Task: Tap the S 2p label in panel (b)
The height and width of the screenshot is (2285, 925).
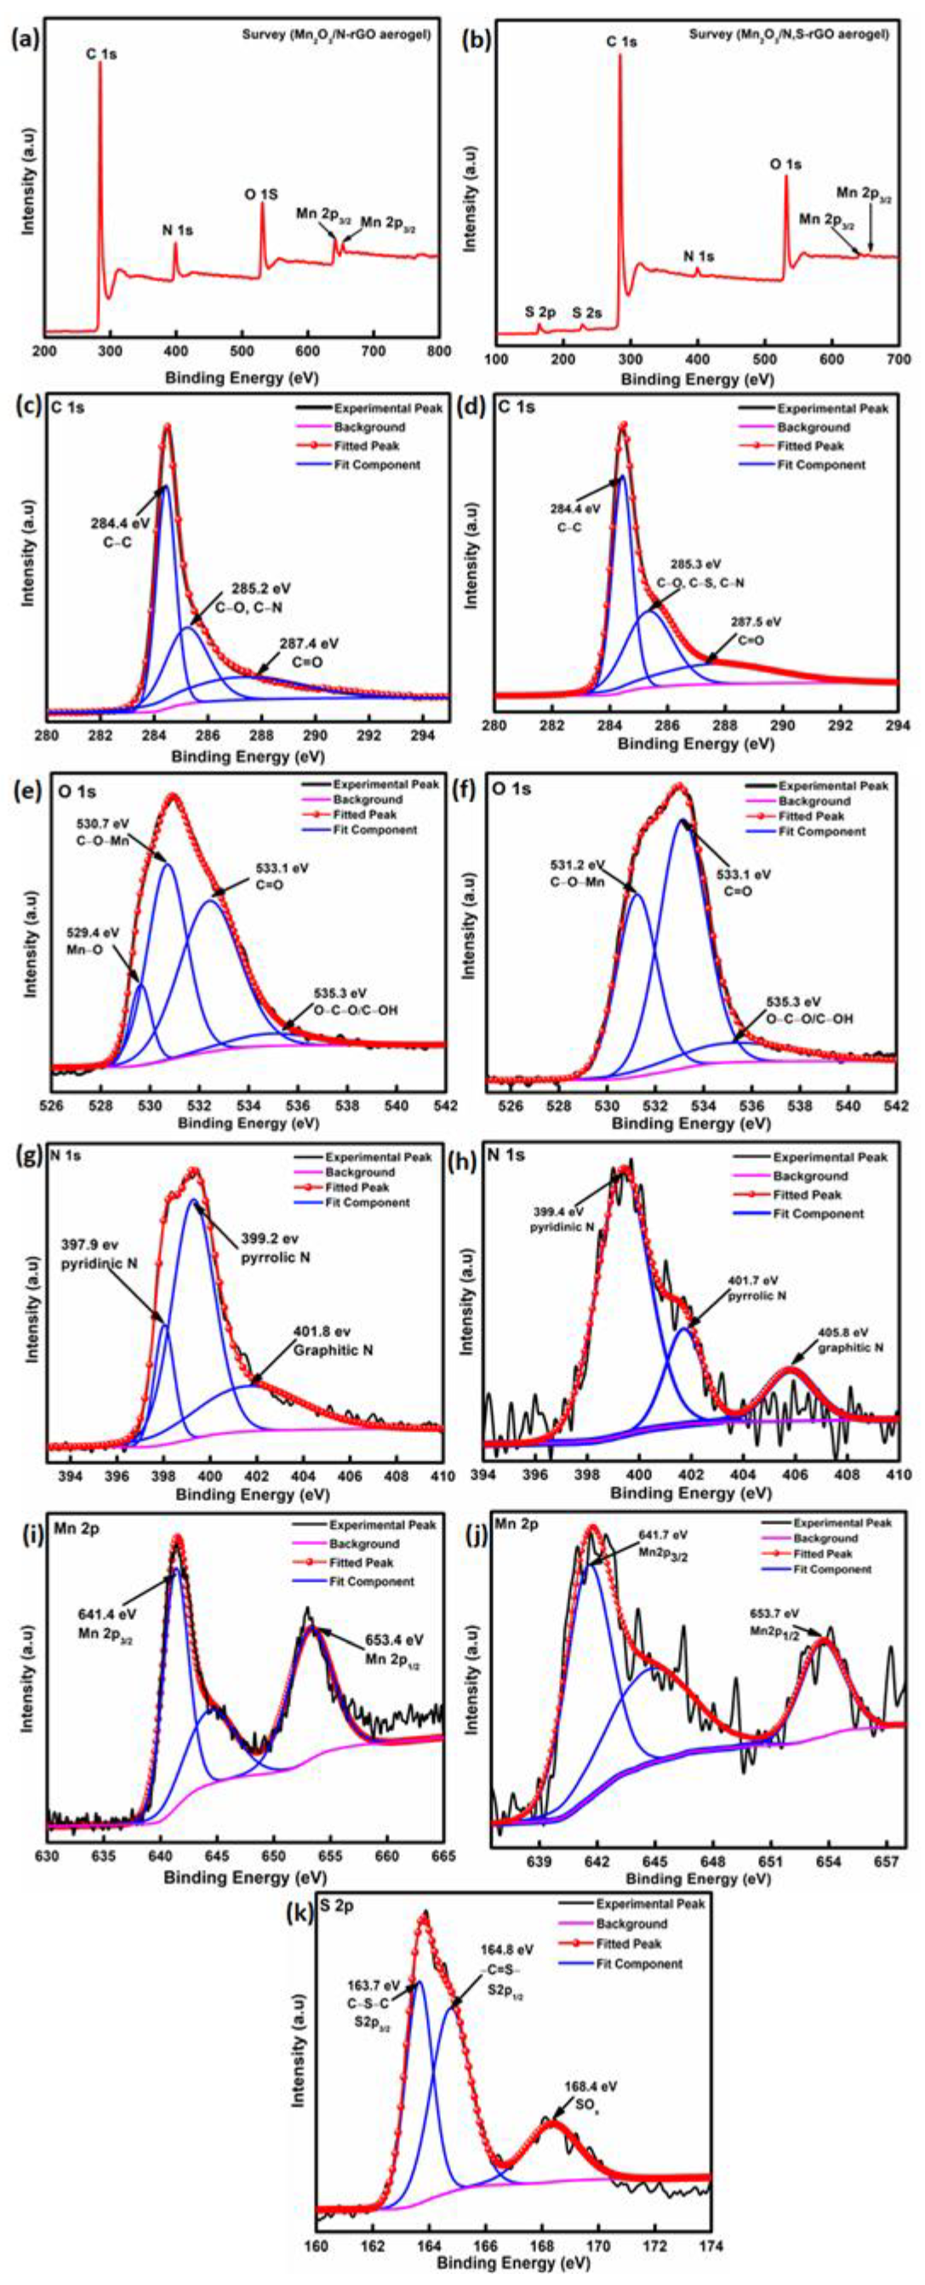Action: tap(540, 312)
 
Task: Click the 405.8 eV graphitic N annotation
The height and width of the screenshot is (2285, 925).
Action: tap(840, 1339)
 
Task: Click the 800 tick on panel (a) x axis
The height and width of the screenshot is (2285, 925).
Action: tap(438, 352)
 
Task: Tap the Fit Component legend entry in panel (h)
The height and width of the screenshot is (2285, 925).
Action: tap(818, 1213)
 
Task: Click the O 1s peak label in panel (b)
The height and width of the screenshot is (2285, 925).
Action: tap(785, 164)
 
